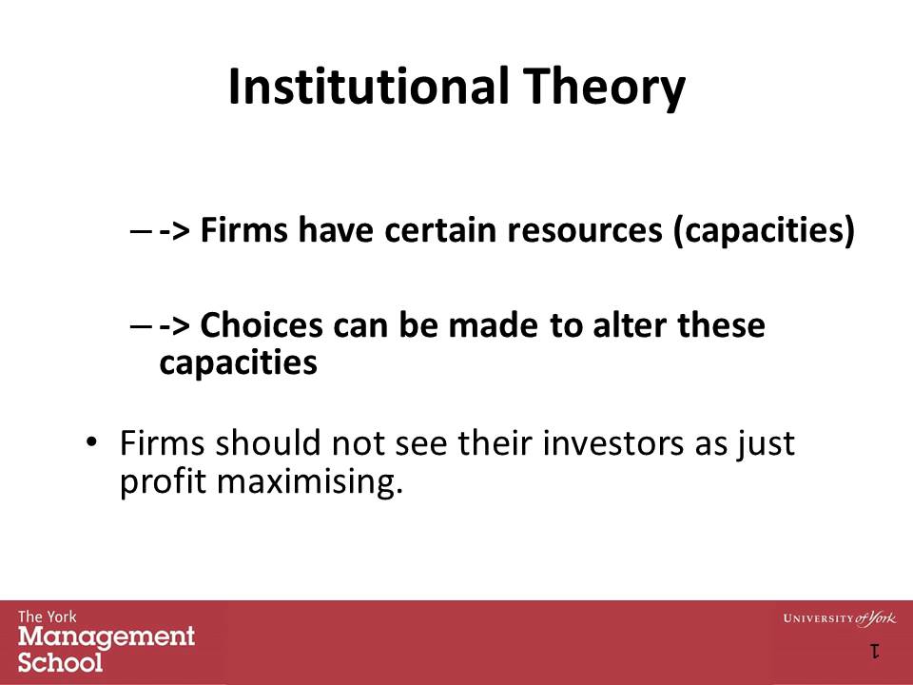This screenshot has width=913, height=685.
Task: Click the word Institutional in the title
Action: (371, 88)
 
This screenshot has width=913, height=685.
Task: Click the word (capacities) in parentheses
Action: (764, 232)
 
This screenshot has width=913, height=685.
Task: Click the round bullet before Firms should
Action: (91, 442)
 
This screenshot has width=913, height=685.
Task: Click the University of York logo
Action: (839, 618)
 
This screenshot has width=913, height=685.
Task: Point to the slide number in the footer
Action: (873, 652)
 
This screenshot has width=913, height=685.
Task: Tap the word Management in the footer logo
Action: (107, 636)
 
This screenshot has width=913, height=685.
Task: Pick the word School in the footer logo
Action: (60, 661)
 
